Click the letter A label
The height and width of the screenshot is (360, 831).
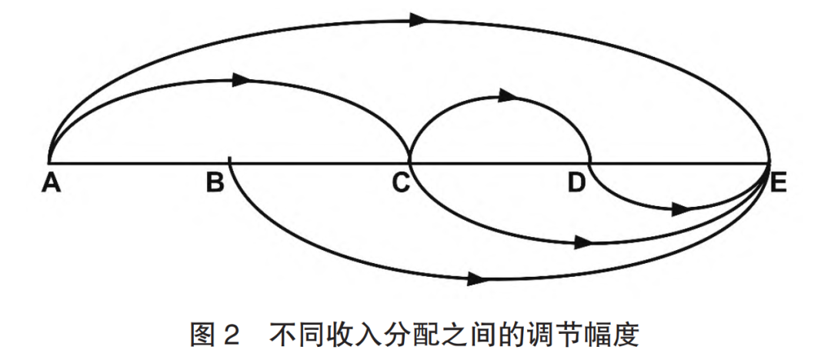coord(50,183)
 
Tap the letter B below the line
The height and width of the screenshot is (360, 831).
coord(215,183)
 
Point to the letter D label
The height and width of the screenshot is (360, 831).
coord(577,183)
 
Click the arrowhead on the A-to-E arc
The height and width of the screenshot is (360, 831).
coord(419,19)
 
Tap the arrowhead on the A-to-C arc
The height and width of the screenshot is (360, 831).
coord(242,78)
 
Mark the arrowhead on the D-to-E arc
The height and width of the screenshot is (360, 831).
coord(680,208)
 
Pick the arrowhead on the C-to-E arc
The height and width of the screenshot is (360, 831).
coord(586,243)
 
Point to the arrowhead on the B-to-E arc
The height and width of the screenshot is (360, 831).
coord(477,277)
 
